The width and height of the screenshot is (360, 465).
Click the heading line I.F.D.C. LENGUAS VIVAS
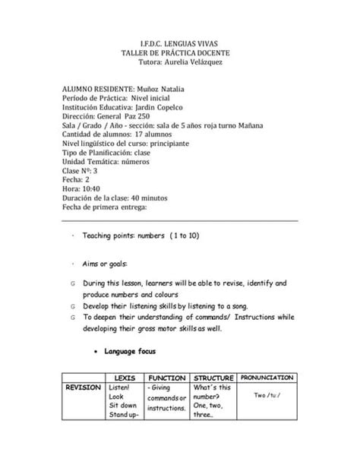(x=180, y=45)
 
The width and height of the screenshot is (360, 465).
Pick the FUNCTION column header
(x=167, y=378)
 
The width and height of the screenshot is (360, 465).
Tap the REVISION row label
(x=83, y=387)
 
